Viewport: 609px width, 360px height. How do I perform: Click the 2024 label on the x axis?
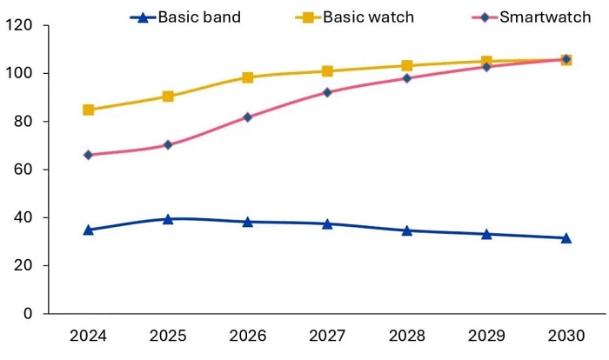coord(88,337)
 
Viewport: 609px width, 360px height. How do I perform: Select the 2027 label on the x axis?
coord(327,337)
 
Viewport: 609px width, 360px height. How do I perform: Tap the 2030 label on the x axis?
coord(566,337)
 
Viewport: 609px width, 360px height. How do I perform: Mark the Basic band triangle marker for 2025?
coord(168,219)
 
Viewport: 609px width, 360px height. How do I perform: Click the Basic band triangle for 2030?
coord(566,237)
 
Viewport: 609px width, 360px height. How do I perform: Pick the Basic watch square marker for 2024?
coord(89,110)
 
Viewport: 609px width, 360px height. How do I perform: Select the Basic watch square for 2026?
coord(248,77)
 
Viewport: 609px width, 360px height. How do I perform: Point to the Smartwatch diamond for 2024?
coord(89,155)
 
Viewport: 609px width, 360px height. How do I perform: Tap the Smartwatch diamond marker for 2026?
coord(248,117)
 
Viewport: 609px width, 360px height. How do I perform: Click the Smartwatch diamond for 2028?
coord(407,78)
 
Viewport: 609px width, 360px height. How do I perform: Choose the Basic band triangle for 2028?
coord(407,230)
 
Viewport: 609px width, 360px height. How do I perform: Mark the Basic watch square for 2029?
coord(486,62)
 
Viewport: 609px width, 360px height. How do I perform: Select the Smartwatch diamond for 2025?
coord(168,145)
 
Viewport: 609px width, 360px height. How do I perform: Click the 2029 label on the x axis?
coord(486,337)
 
